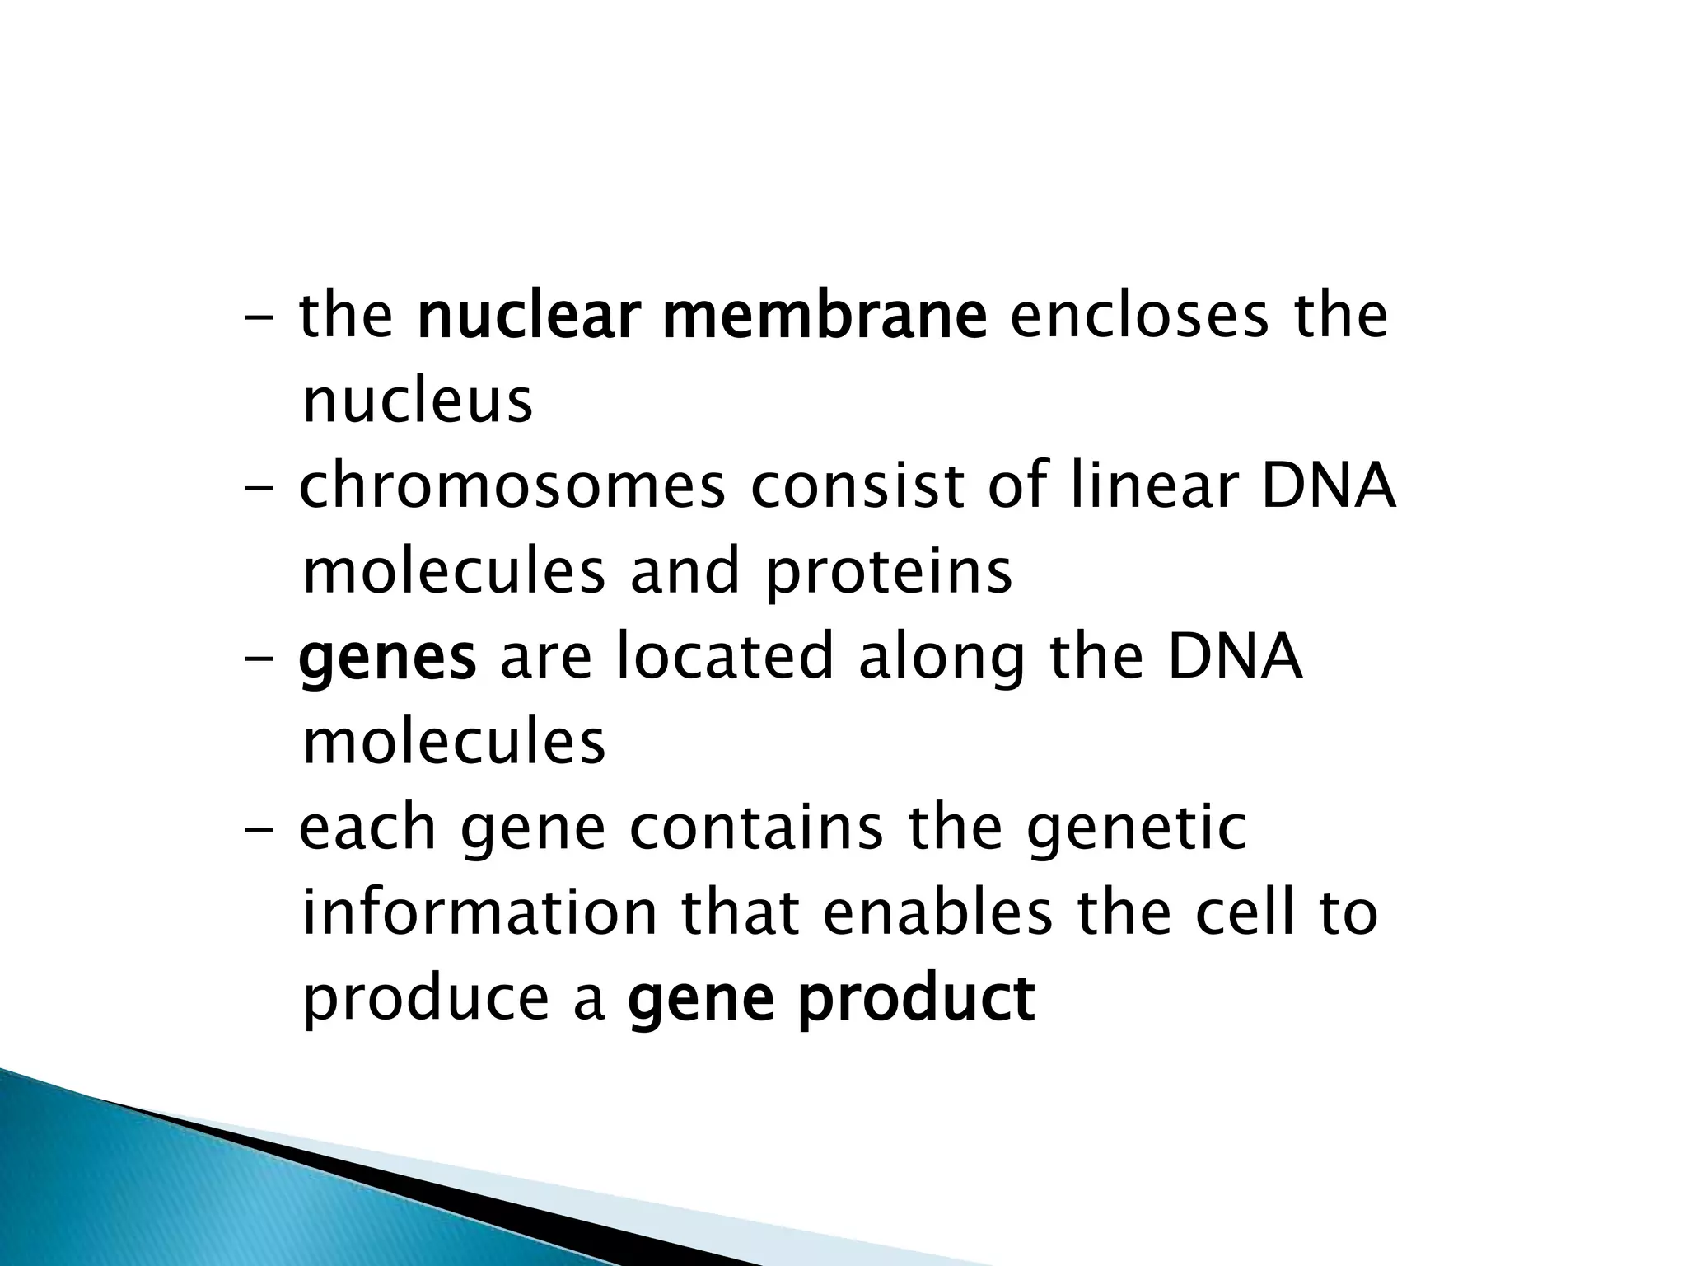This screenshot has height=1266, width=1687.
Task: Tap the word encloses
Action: (1140, 317)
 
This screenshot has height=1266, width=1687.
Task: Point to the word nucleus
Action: (418, 402)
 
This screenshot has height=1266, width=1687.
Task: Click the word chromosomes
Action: (512, 488)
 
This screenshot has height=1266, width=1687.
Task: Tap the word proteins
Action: (889, 574)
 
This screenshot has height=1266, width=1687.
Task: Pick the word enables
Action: (937, 915)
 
